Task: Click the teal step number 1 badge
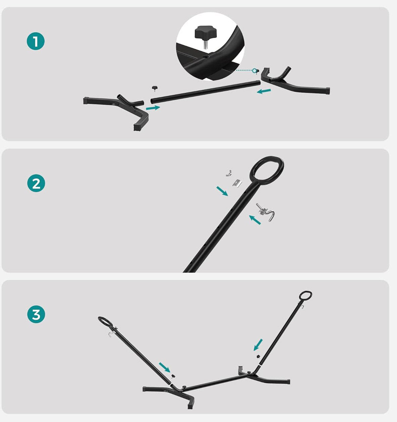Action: click(x=36, y=41)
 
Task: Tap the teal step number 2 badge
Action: click(x=36, y=183)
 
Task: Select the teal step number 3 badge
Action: click(x=36, y=314)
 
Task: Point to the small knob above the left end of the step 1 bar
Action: click(x=155, y=88)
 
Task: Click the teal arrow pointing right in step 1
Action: click(x=153, y=108)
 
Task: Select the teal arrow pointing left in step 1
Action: click(x=264, y=91)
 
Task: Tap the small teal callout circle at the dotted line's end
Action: click(x=255, y=71)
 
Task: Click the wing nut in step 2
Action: click(x=228, y=173)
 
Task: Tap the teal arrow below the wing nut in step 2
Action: click(x=222, y=191)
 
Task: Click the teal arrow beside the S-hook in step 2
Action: click(x=255, y=219)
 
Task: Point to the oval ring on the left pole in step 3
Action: click(x=105, y=322)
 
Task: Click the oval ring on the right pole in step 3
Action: click(x=305, y=296)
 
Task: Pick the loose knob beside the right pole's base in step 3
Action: click(x=258, y=356)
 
